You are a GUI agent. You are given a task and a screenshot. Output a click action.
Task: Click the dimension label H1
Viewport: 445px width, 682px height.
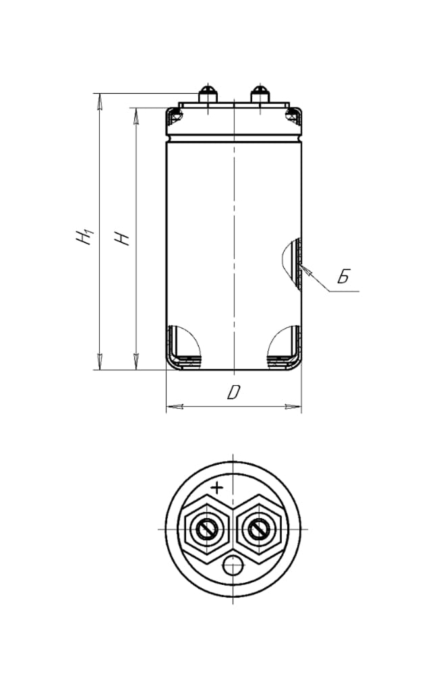(x=84, y=235)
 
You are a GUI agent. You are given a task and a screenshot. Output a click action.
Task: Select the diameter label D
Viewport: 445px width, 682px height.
(x=234, y=393)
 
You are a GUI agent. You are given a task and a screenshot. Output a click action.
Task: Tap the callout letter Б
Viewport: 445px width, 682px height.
(x=344, y=276)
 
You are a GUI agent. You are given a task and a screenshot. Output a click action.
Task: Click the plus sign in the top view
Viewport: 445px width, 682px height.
(x=216, y=488)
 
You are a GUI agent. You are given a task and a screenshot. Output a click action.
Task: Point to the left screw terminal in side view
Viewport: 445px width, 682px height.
(x=207, y=94)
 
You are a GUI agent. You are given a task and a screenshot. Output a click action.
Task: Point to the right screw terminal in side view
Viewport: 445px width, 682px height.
(x=260, y=94)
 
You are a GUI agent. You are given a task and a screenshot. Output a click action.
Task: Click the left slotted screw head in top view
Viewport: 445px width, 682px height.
(x=207, y=529)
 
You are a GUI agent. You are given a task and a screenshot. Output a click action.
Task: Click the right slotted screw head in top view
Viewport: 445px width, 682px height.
(x=260, y=529)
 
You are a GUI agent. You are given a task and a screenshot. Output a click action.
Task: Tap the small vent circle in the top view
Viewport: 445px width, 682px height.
(x=233, y=566)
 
